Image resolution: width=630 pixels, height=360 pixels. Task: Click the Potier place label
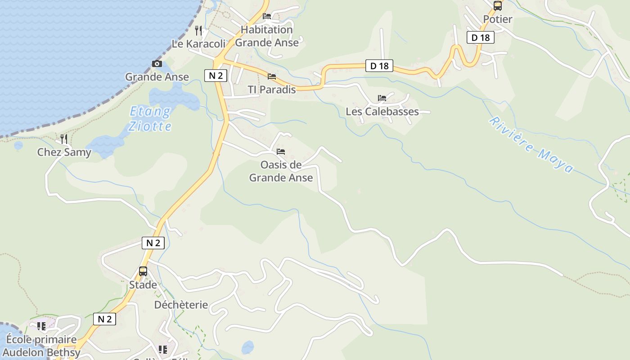tap(497, 19)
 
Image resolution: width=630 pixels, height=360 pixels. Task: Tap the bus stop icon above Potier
tap(497, 6)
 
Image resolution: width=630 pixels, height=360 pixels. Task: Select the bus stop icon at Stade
tap(143, 271)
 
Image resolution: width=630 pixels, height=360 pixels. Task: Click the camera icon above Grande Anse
tap(157, 64)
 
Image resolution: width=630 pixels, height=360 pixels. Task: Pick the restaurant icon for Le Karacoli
tap(198, 31)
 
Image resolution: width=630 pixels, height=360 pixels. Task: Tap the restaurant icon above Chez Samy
tap(64, 139)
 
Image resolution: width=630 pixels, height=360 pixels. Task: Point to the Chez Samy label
tap(64, 152)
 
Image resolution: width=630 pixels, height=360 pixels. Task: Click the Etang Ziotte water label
tap(150, 118)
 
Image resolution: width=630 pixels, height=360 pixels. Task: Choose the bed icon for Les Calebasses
tap(382, 98)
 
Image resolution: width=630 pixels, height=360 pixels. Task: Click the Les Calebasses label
tap(382, 112)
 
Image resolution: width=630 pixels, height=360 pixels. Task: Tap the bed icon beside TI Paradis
tap(272, 76)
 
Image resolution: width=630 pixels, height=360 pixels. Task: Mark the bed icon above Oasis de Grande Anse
tap(281, 152)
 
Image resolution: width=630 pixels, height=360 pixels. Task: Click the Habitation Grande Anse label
tap(267, 36)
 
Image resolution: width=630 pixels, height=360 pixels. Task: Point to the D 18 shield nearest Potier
tap(481, 38)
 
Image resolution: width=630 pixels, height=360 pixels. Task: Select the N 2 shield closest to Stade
tap(153, 243)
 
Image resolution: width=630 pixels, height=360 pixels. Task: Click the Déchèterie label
tap(181, 305)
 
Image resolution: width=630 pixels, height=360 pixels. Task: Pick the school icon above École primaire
tap(41, 326)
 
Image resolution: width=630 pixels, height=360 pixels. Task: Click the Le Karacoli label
tap(198, 44)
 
